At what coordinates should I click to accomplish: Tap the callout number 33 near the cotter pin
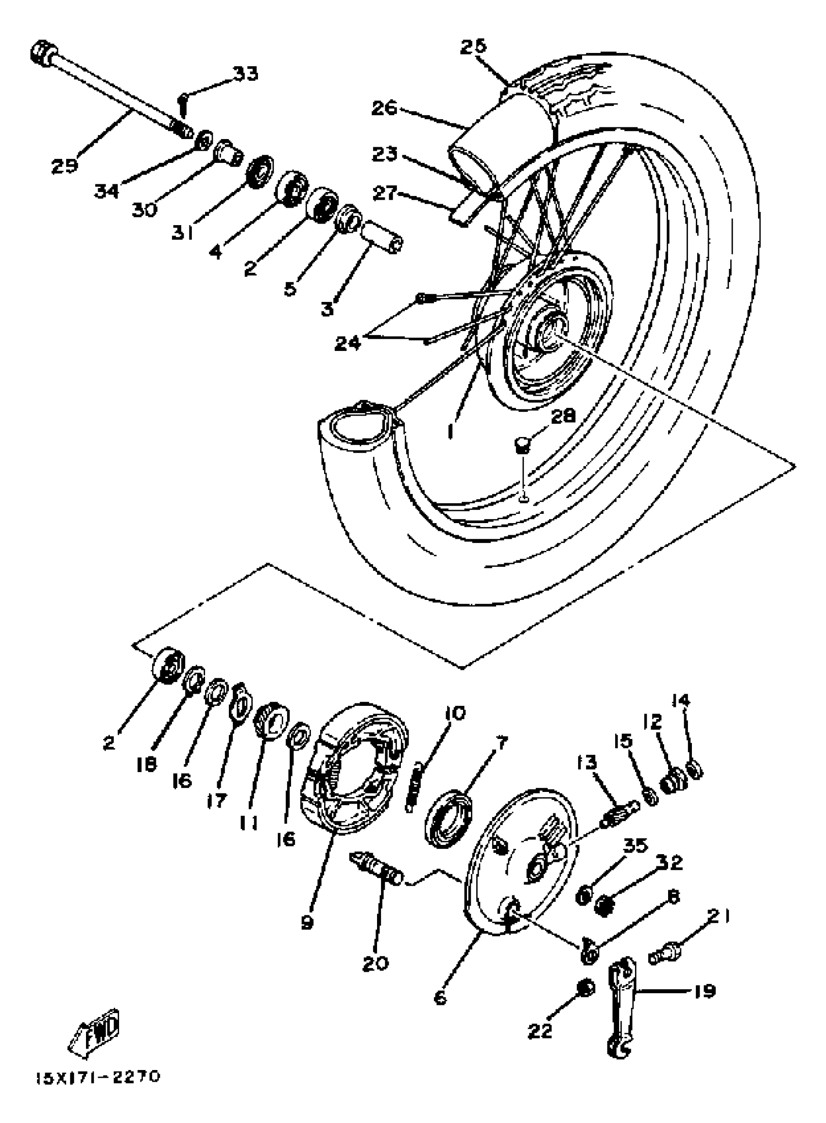coord(245,73)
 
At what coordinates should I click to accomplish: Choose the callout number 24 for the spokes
coord(347,343)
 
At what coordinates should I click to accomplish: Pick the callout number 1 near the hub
coord(451,430)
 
